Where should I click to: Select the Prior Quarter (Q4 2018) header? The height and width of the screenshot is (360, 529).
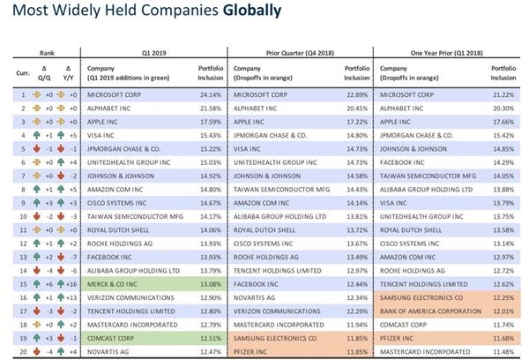(x=300, y=52)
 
